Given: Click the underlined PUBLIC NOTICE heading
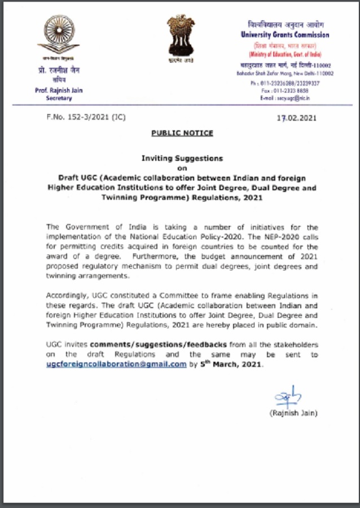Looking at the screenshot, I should point(182,133).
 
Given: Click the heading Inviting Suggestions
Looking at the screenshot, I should point(182,159).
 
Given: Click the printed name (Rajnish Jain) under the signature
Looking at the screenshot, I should point(293,413).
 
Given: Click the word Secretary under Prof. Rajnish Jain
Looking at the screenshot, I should point(59,98).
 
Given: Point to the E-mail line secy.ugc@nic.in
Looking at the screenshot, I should point(286,98).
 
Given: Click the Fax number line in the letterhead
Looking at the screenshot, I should point(286,90).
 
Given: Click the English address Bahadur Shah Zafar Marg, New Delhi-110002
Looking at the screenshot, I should point(285,73).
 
